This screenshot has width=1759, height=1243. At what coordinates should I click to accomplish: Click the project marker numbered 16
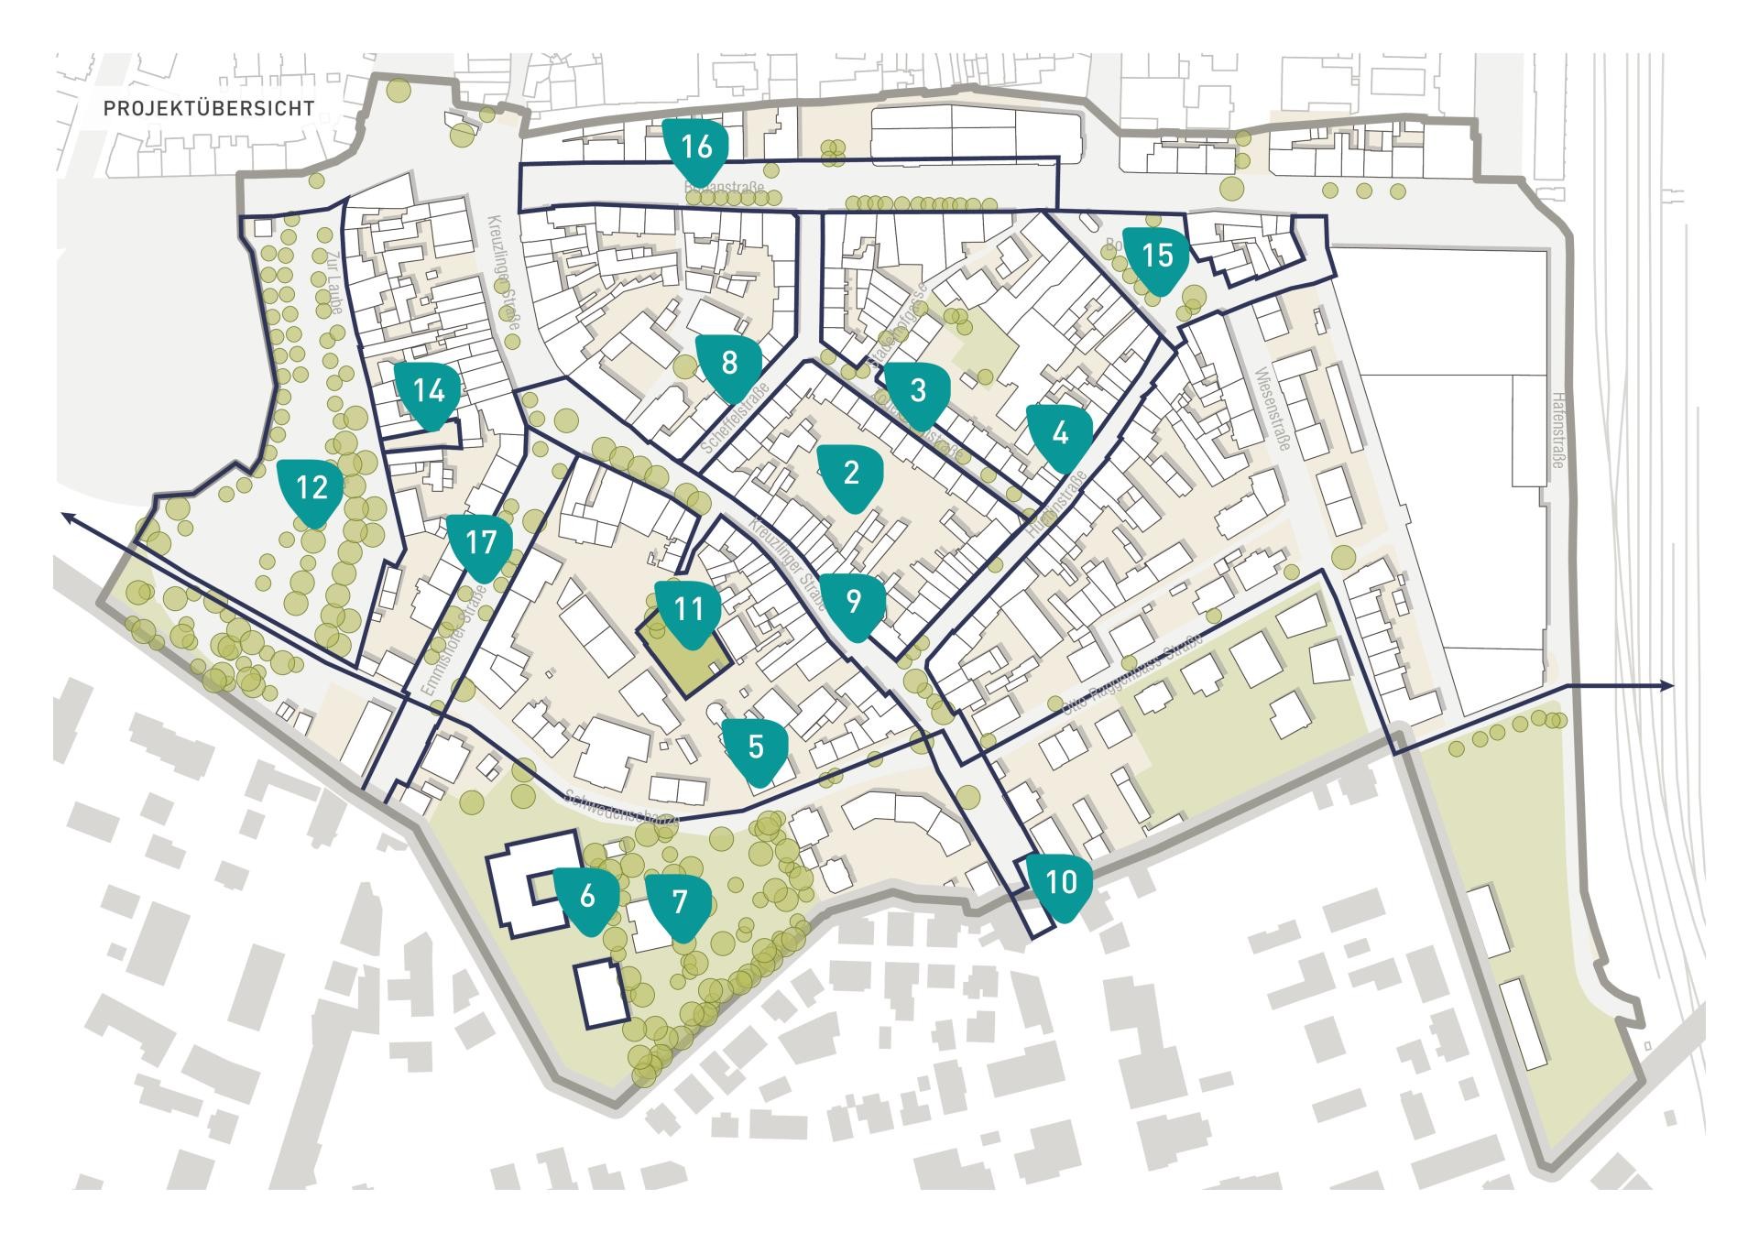point(697,148)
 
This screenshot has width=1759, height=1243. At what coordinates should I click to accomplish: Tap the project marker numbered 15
point(1157,256)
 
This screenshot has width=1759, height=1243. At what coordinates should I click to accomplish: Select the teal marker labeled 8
point(729,365)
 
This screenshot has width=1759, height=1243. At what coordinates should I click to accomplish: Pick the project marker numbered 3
point(917,392)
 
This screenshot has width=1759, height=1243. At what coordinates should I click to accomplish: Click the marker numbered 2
point(851,474)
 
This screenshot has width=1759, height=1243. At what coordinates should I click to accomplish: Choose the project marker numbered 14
point(428,393)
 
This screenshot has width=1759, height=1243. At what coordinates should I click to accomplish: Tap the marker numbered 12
point(312,488)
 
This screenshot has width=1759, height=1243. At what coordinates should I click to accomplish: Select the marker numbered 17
point(480,545)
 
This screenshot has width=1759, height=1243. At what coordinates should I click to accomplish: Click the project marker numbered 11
point(688,611)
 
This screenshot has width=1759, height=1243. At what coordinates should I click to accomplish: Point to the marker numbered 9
point(853,603)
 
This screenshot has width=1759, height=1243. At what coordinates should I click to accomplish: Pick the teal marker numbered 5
point(756,748)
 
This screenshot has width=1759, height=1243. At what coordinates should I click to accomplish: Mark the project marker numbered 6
point(587,897)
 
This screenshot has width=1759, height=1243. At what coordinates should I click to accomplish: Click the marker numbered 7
point(679,904)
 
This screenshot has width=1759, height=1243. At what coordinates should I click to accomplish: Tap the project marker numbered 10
point(1060,883)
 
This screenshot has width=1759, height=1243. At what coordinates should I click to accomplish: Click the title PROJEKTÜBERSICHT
point(209,108)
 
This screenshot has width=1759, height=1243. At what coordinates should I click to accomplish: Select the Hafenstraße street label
point(1557,431)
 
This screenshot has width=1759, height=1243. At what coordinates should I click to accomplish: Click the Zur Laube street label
point(331,284)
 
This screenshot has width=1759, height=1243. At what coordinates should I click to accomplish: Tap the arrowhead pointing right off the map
point(1668,686)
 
